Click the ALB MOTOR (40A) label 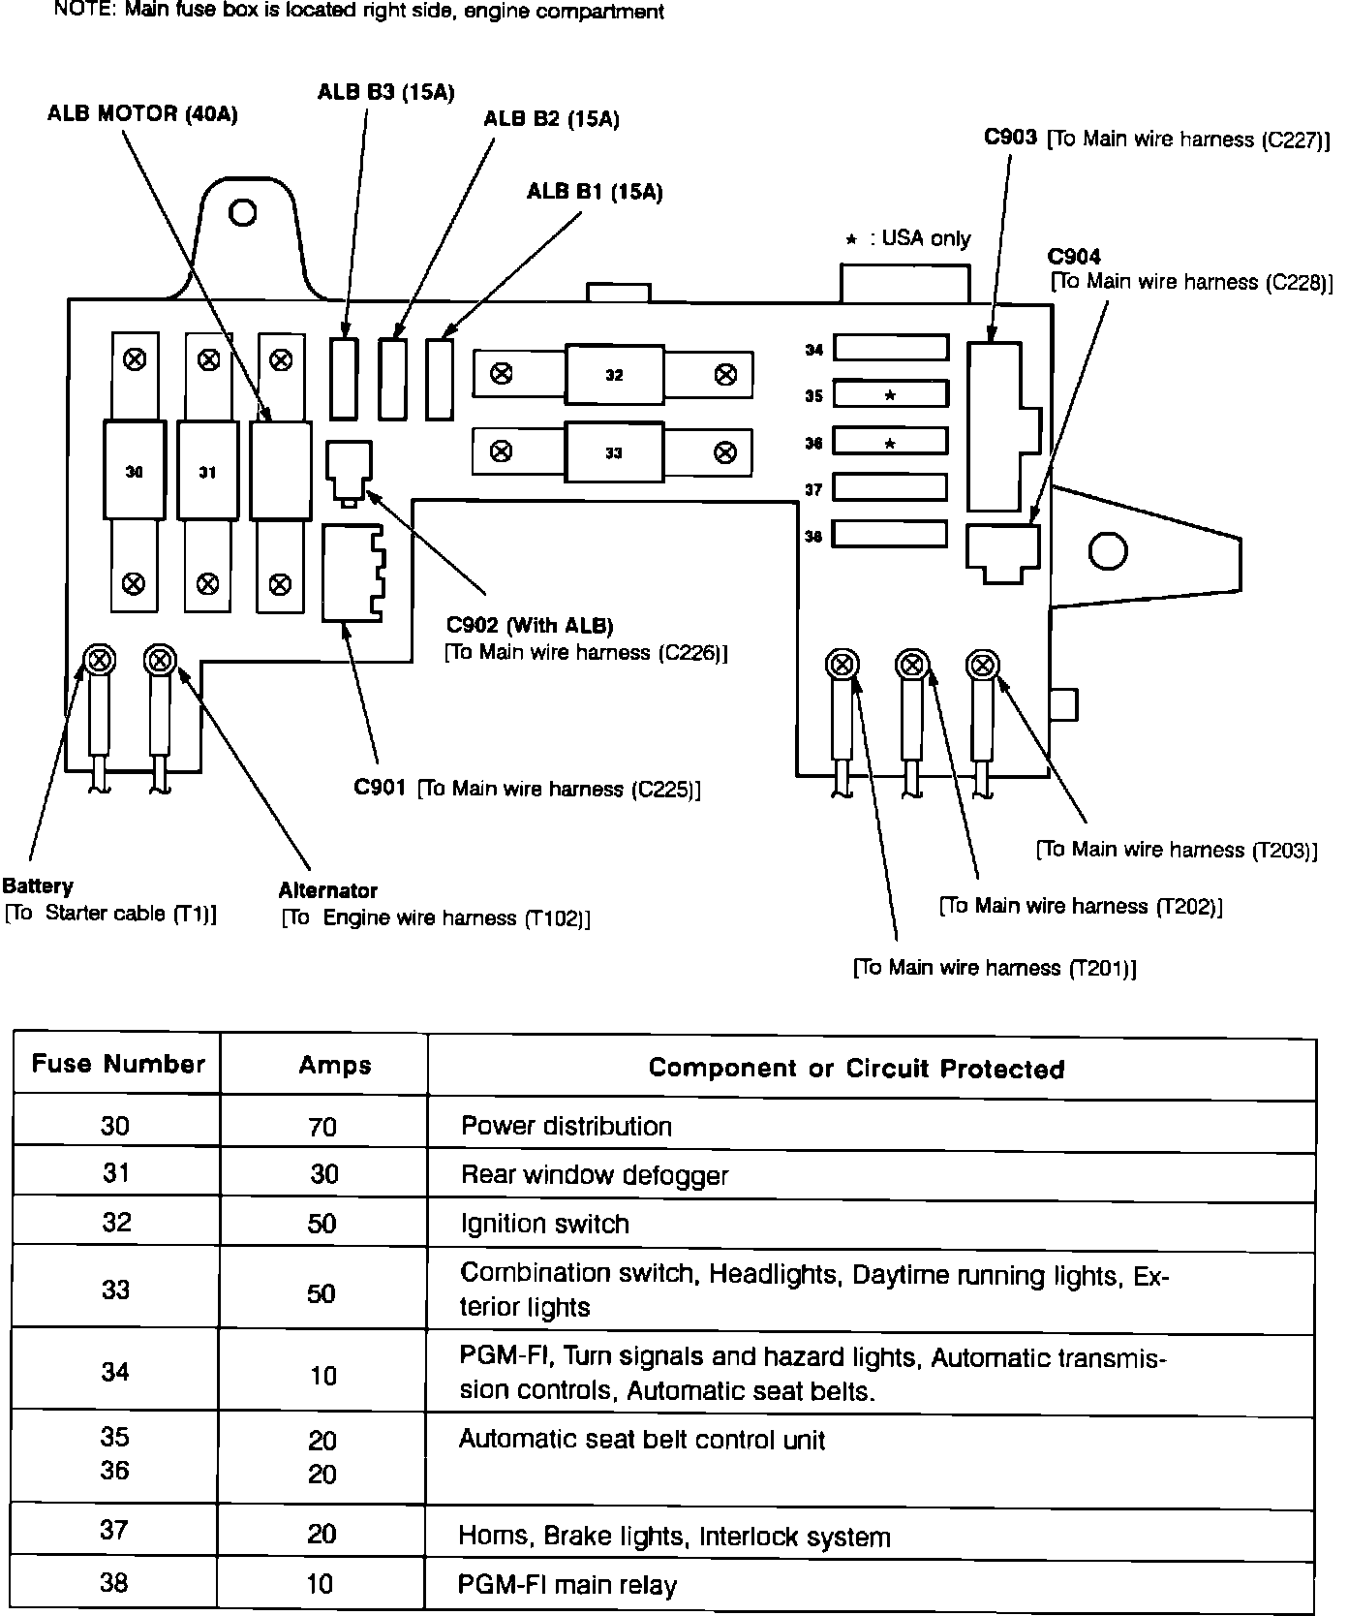(142, 114)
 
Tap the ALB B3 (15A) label (385, 92)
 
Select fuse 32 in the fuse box (614, 375)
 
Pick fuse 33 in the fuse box (614, 452)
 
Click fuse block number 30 (135, 472)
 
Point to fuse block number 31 (207, 472)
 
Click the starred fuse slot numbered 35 (890, 394)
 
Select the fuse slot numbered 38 (890, 534)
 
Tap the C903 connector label (1011, 138)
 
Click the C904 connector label (1074, 257)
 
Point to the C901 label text (380, 788)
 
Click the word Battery (38, 886)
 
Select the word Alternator (328, 890)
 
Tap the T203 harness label (1177, 850)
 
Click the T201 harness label (995, 968)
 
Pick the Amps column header (335, 1066)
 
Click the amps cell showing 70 (322, 1127)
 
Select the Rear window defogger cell (595, 1175)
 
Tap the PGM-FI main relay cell (567, 1585)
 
